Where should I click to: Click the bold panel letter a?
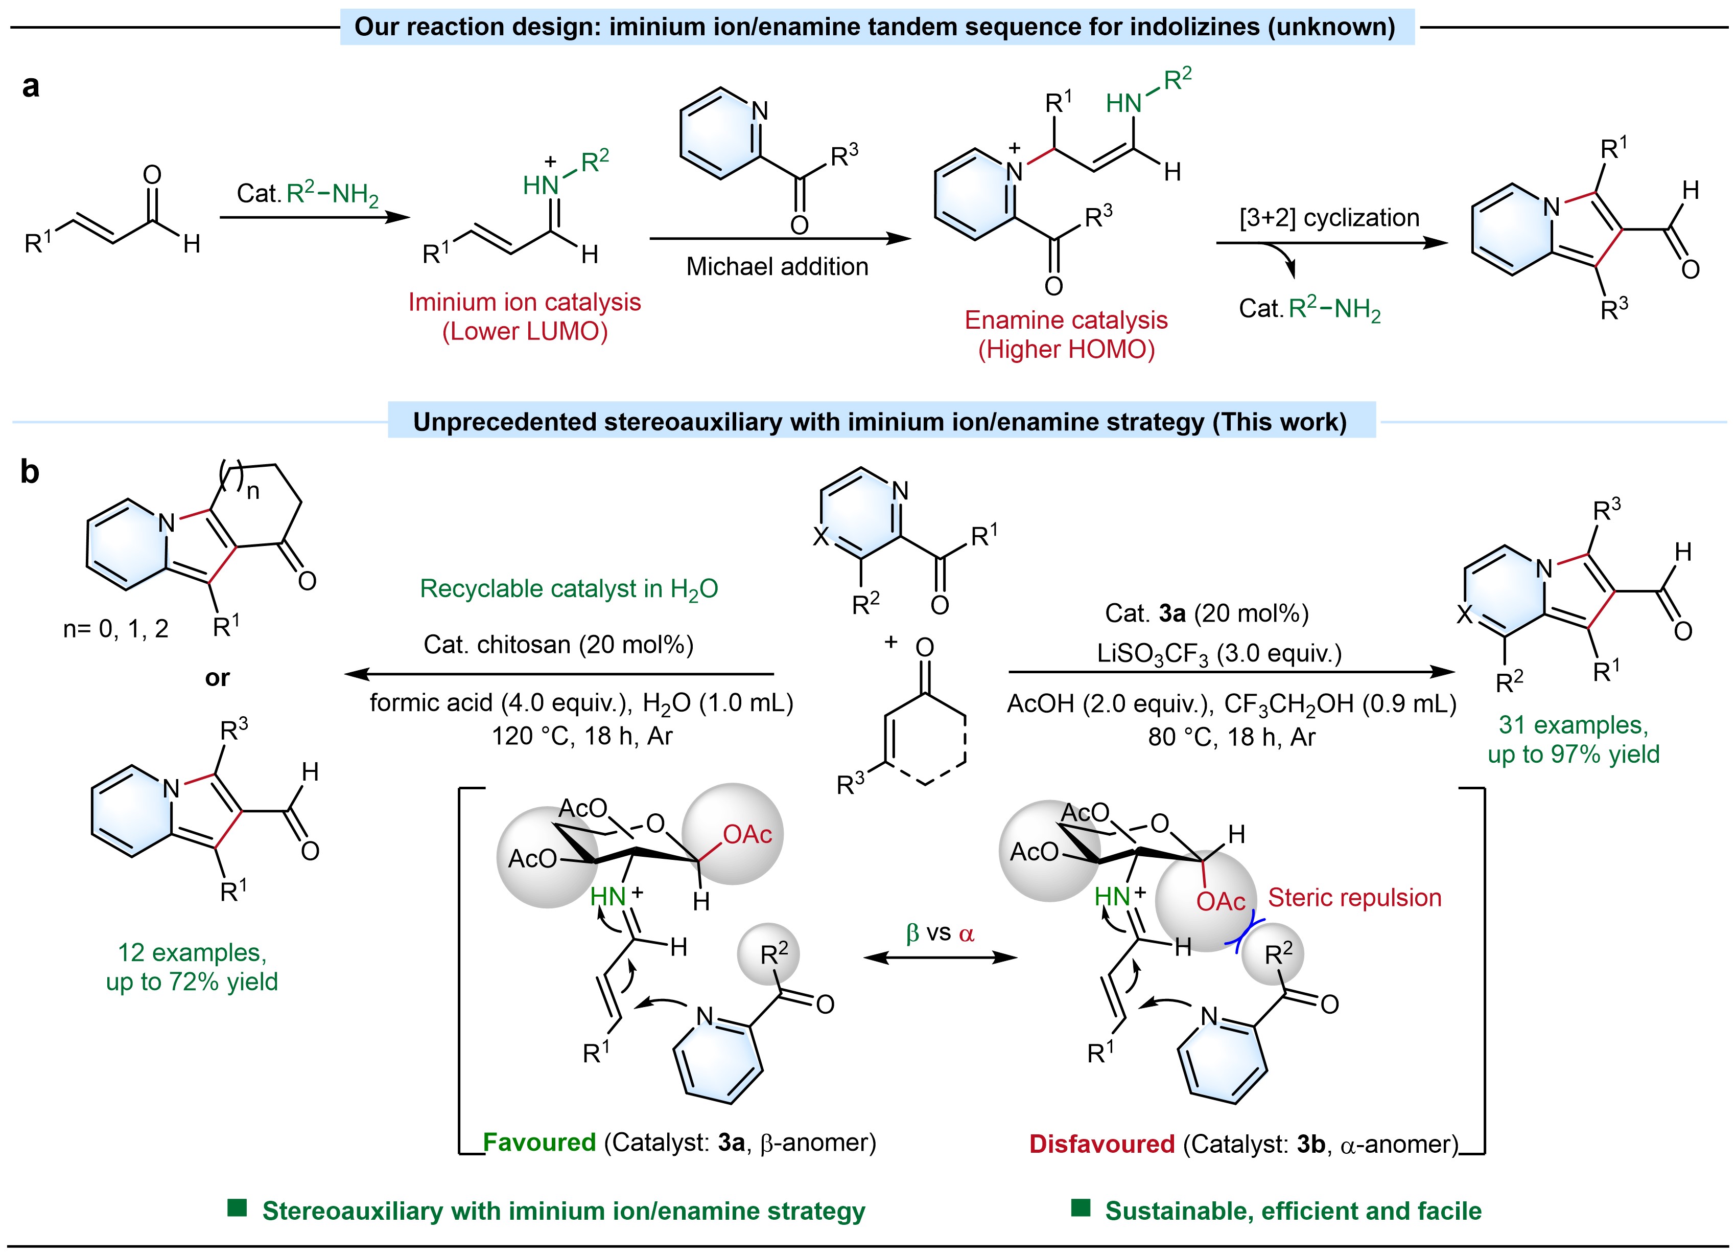point(31,86)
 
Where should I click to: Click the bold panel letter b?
point(30,472)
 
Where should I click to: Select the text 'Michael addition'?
point(777,266)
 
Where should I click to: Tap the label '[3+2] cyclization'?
point(1329,218)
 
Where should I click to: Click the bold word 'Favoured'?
point(539,1143)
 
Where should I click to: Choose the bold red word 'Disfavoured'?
point(1101,1144)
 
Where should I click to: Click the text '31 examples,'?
point(1573,724)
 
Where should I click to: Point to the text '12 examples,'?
point(192,952)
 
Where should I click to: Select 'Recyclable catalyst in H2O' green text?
point(569,589)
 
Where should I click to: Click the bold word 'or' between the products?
point(217,678)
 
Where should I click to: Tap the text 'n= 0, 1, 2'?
point(115,629)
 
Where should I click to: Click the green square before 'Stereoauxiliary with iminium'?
point(237,1208)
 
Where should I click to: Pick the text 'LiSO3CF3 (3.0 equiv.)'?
point(1219,654)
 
